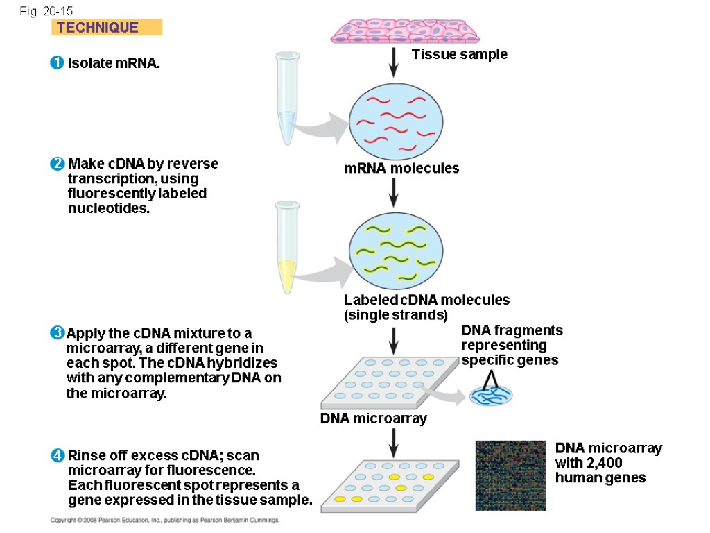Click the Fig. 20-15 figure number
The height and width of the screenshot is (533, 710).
[x=46, y=11]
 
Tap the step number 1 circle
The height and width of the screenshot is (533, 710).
[x=57, y=64]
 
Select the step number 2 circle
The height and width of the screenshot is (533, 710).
[x=57, y=164]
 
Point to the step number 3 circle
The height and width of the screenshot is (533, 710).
[x=57, y=334]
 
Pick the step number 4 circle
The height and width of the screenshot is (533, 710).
[x=57, y=456]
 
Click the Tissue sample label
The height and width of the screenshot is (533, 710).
[x=459, y=54]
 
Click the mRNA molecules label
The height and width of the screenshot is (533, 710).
[x=401, y=168]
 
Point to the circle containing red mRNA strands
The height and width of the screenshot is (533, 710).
[x=395, y=119]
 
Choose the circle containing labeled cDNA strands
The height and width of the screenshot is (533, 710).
[x=395, y=252]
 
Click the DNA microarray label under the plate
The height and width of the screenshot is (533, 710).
[x=373, y=418]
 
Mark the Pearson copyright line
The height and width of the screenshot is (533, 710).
[x=165, y=520]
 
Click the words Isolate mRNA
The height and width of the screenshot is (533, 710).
[x=114, y=64]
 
